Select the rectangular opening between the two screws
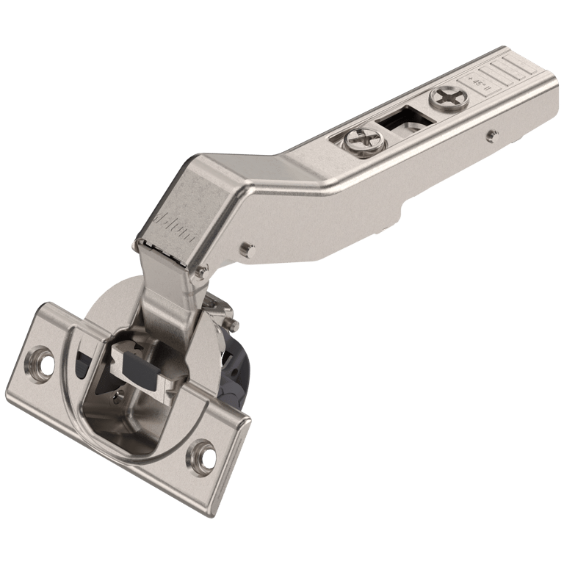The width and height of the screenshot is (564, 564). tap(402, 117)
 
